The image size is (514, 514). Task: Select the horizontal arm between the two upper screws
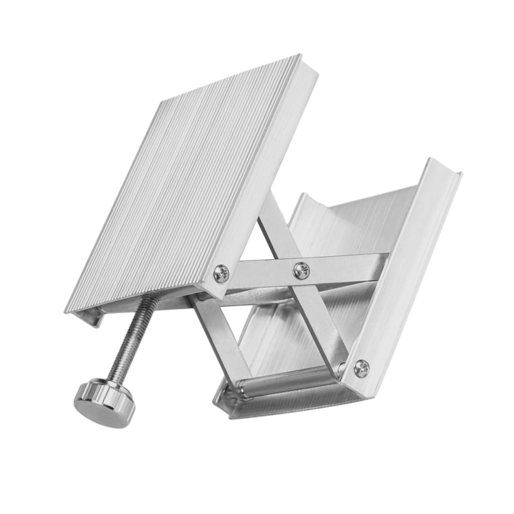261,270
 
